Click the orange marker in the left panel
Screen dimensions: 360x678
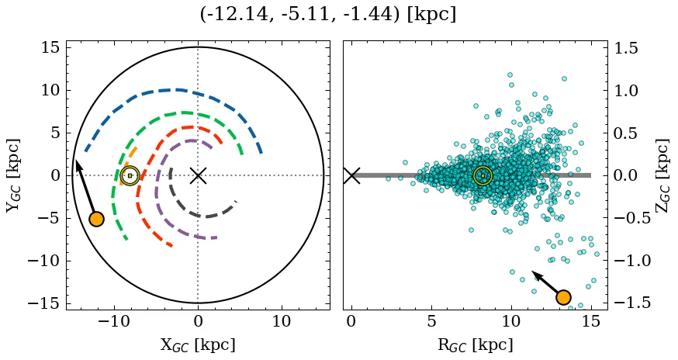pos(96,219)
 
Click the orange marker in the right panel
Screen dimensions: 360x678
pos(563,297)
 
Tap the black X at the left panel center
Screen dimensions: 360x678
pos(198,175)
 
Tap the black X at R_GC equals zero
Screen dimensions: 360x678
pos(351,175)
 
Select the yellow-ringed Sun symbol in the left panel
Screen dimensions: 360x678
pos(130,176)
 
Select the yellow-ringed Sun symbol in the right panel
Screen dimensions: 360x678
pos(483,176)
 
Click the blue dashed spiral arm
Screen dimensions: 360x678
pos(178,90)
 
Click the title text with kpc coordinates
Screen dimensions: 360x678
pos(327,15)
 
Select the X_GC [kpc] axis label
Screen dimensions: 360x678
pos(198,344)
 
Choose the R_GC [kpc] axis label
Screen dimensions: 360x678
pos(475,344)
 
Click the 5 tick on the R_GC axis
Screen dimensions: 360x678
pos(431,321)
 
